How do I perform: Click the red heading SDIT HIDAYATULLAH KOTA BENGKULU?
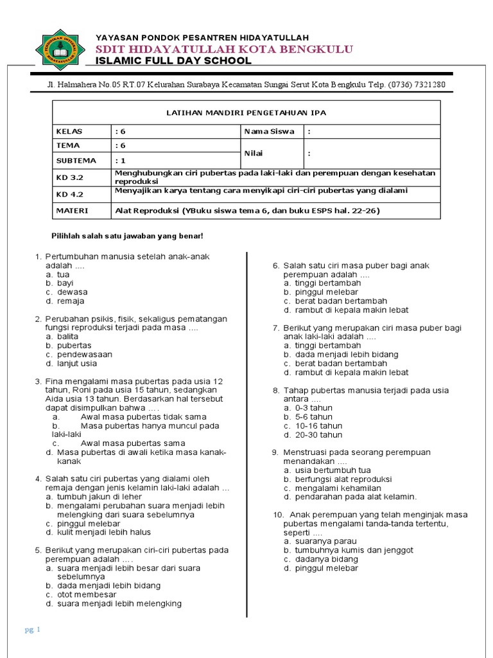pyautogui.click(x=224, y=49)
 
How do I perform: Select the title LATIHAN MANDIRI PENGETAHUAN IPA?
pyautogui.click(x=246, y=112)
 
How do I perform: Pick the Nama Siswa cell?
pyautogui.click(x=269, y=132)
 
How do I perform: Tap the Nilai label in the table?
pyautogui.click(x=253, y=154)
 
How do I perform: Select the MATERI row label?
pyautogui.click(x=71, y=210)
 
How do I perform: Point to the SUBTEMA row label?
pyautogui.click(x=76, y=161)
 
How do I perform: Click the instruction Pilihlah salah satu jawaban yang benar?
pyautogui.click(x=126, y=236)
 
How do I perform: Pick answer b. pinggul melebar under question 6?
pyautogui.click(x=316, y=292)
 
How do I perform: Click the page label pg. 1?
pyautogui.click(x=33, y=630)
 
